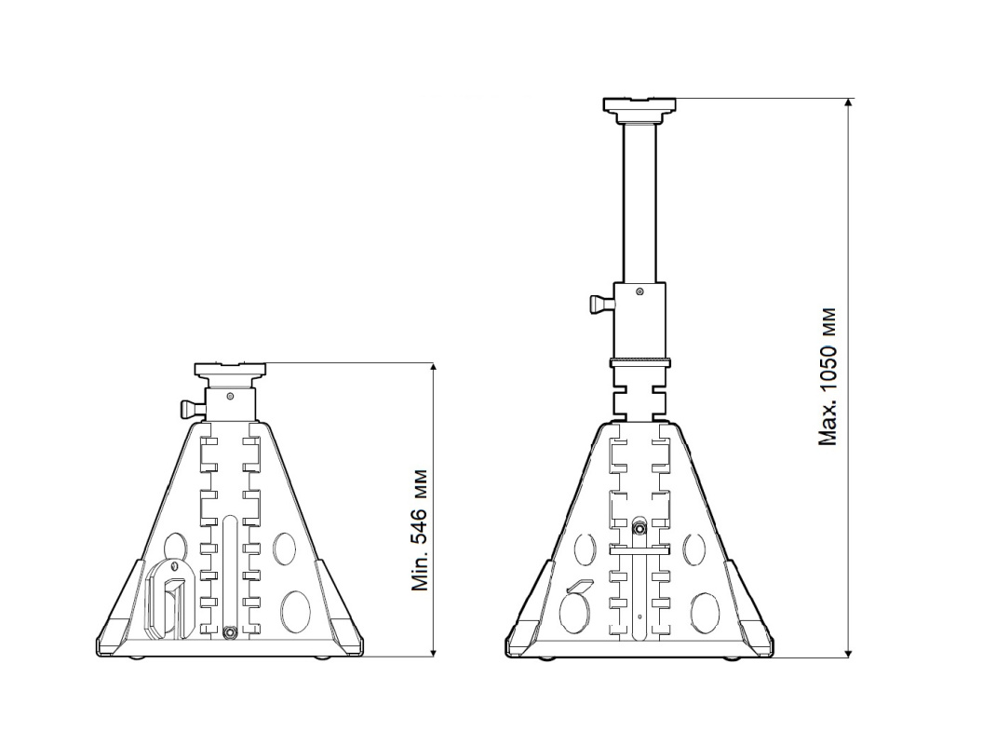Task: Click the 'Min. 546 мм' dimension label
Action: [x=420, y=531]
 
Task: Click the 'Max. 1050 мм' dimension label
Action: [x=827, y=377]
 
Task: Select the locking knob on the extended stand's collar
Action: [x=601, y=305]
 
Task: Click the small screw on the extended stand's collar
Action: [x=639, y=291]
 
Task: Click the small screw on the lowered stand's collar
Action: [x=230, y=396]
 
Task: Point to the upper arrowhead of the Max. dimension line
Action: [x=849, y=104]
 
